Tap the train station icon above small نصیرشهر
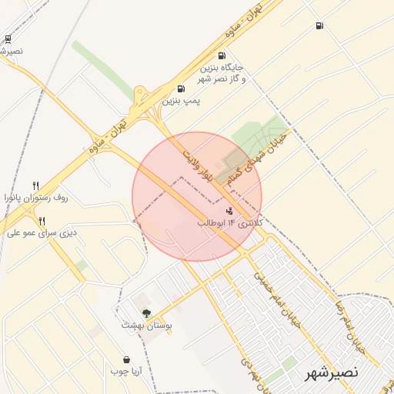[8, 38]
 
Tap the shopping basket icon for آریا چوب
[126, 359]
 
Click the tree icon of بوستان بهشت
[145, 313]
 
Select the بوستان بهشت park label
[146, 326]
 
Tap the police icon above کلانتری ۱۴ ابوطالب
[229, 210]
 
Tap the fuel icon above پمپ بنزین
[181, 88]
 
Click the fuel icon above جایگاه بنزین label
[222, 55]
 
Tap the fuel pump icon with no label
[319, 26]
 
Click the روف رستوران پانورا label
[37, 198]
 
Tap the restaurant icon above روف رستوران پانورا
[35, 185]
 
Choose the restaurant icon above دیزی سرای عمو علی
[42, 220]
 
